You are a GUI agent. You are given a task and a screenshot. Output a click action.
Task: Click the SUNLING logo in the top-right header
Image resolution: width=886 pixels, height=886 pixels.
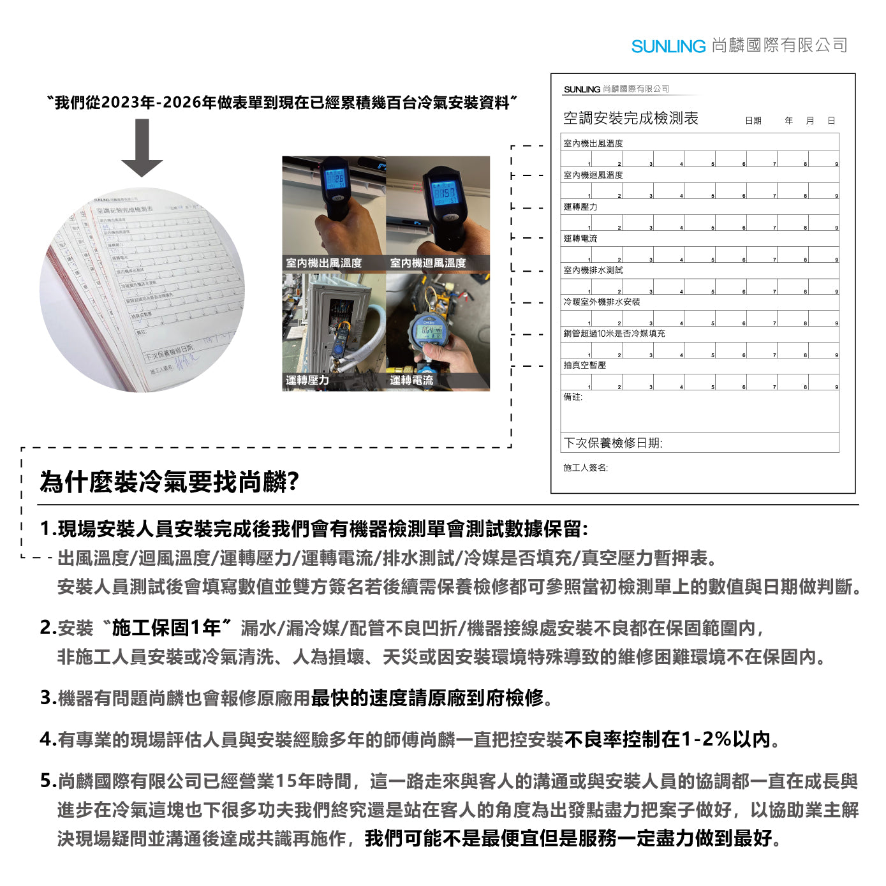668,46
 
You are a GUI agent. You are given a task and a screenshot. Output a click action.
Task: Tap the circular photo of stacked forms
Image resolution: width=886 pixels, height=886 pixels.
142,290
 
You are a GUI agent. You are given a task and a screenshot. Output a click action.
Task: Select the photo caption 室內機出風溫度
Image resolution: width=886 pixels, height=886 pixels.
323,263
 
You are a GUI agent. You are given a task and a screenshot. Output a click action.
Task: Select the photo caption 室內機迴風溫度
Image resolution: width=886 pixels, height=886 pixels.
427,263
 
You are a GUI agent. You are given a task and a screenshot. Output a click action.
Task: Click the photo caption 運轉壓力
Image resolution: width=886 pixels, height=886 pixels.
307,380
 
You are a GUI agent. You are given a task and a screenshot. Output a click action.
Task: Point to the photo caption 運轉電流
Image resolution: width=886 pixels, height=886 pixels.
411,380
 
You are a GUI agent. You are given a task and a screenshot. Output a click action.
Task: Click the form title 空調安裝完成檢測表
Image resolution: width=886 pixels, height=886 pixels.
630,118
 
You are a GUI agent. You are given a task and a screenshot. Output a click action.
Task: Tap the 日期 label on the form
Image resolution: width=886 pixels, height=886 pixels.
753,121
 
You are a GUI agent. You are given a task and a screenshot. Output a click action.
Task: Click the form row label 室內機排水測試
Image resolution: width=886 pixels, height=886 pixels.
593,270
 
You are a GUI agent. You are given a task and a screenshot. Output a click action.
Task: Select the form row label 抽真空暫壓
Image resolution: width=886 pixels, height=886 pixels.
584,365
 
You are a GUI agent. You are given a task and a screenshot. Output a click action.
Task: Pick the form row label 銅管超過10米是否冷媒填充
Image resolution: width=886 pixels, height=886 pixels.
614,333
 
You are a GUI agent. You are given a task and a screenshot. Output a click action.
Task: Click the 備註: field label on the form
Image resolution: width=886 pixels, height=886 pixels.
572,397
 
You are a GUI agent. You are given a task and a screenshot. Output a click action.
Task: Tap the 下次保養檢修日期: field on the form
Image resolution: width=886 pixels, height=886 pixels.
613,443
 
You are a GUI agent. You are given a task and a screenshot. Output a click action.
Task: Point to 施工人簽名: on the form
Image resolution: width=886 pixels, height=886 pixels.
585,468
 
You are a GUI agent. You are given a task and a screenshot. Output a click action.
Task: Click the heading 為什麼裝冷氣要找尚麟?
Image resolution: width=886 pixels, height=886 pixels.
170,482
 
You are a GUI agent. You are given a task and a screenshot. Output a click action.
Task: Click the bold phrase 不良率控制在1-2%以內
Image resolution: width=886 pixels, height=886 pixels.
667,739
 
